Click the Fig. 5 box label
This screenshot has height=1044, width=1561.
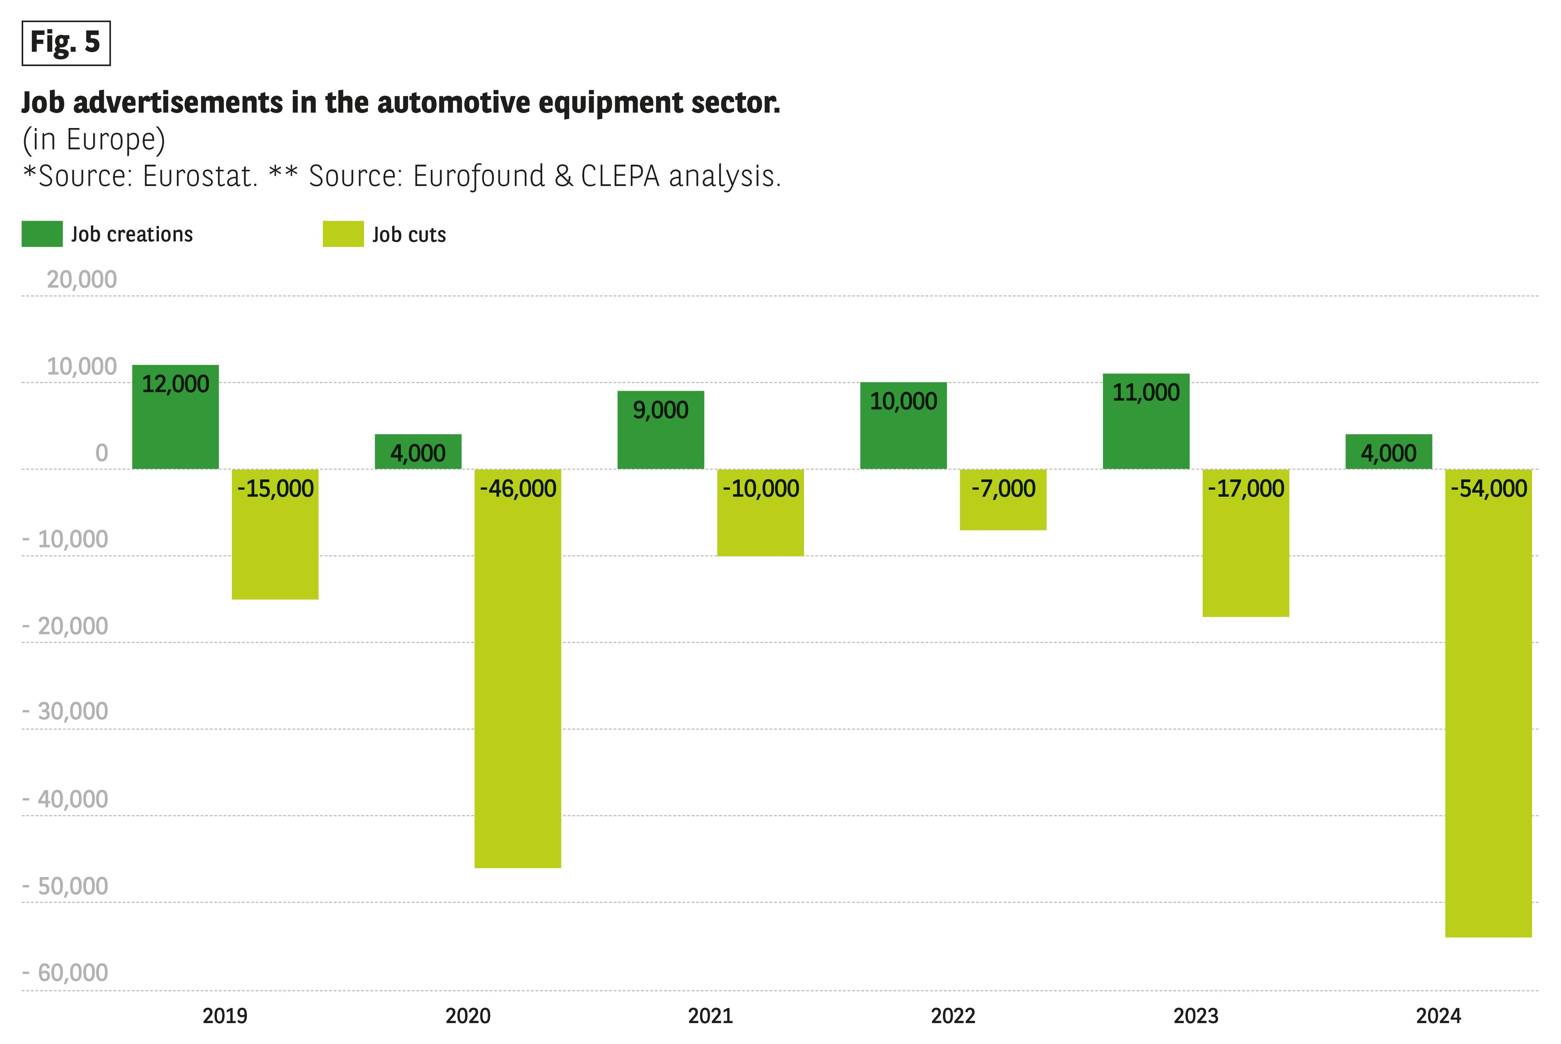tap(66, 43)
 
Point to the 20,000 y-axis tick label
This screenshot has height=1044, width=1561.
tap(81, 280)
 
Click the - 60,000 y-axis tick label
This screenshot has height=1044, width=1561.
tap(65, 973)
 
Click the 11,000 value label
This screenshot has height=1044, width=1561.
tap(1146, 393)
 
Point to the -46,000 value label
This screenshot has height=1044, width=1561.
tap(518, 489)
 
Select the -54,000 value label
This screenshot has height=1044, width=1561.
tap(1489, 489)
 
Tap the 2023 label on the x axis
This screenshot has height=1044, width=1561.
tap(1196, 1016)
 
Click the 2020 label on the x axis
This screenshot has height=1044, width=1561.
tap(468, 1016)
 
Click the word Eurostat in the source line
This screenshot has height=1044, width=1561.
tap(199, 176)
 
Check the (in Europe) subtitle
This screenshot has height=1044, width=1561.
tap(94, 140)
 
